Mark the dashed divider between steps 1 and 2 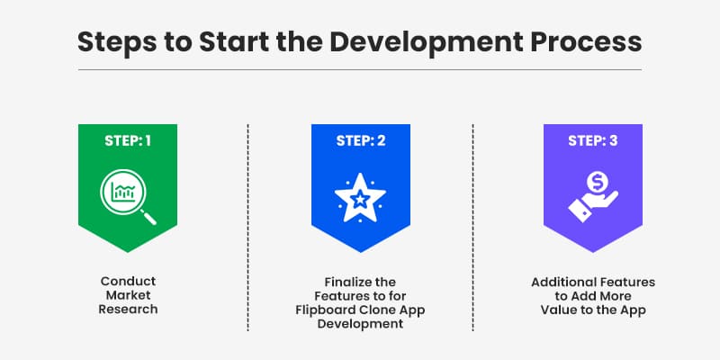[x=247, y=225]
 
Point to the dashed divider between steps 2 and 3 [x=472, y=225]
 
